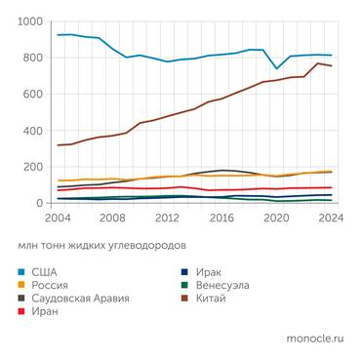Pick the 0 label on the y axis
point(39,203)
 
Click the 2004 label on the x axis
point(60,218)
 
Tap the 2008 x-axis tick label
point(114,218)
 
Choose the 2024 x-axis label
point(330,218)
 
